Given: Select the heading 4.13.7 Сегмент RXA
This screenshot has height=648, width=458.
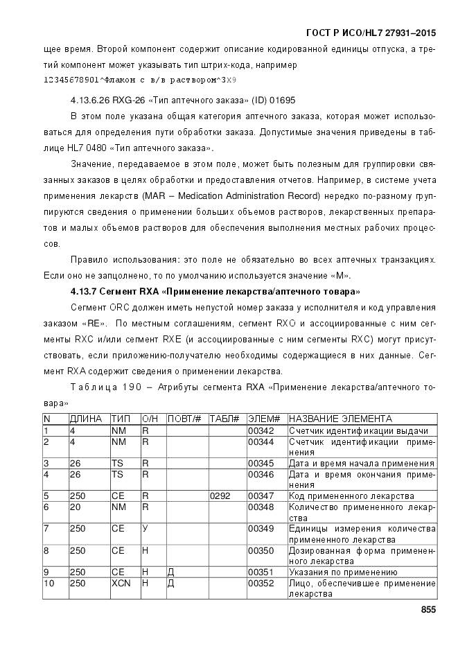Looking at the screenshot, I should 215,289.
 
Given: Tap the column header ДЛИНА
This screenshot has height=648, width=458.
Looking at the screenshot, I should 86,419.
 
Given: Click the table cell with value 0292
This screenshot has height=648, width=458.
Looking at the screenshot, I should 220,496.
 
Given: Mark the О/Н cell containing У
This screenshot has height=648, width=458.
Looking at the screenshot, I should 146,529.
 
